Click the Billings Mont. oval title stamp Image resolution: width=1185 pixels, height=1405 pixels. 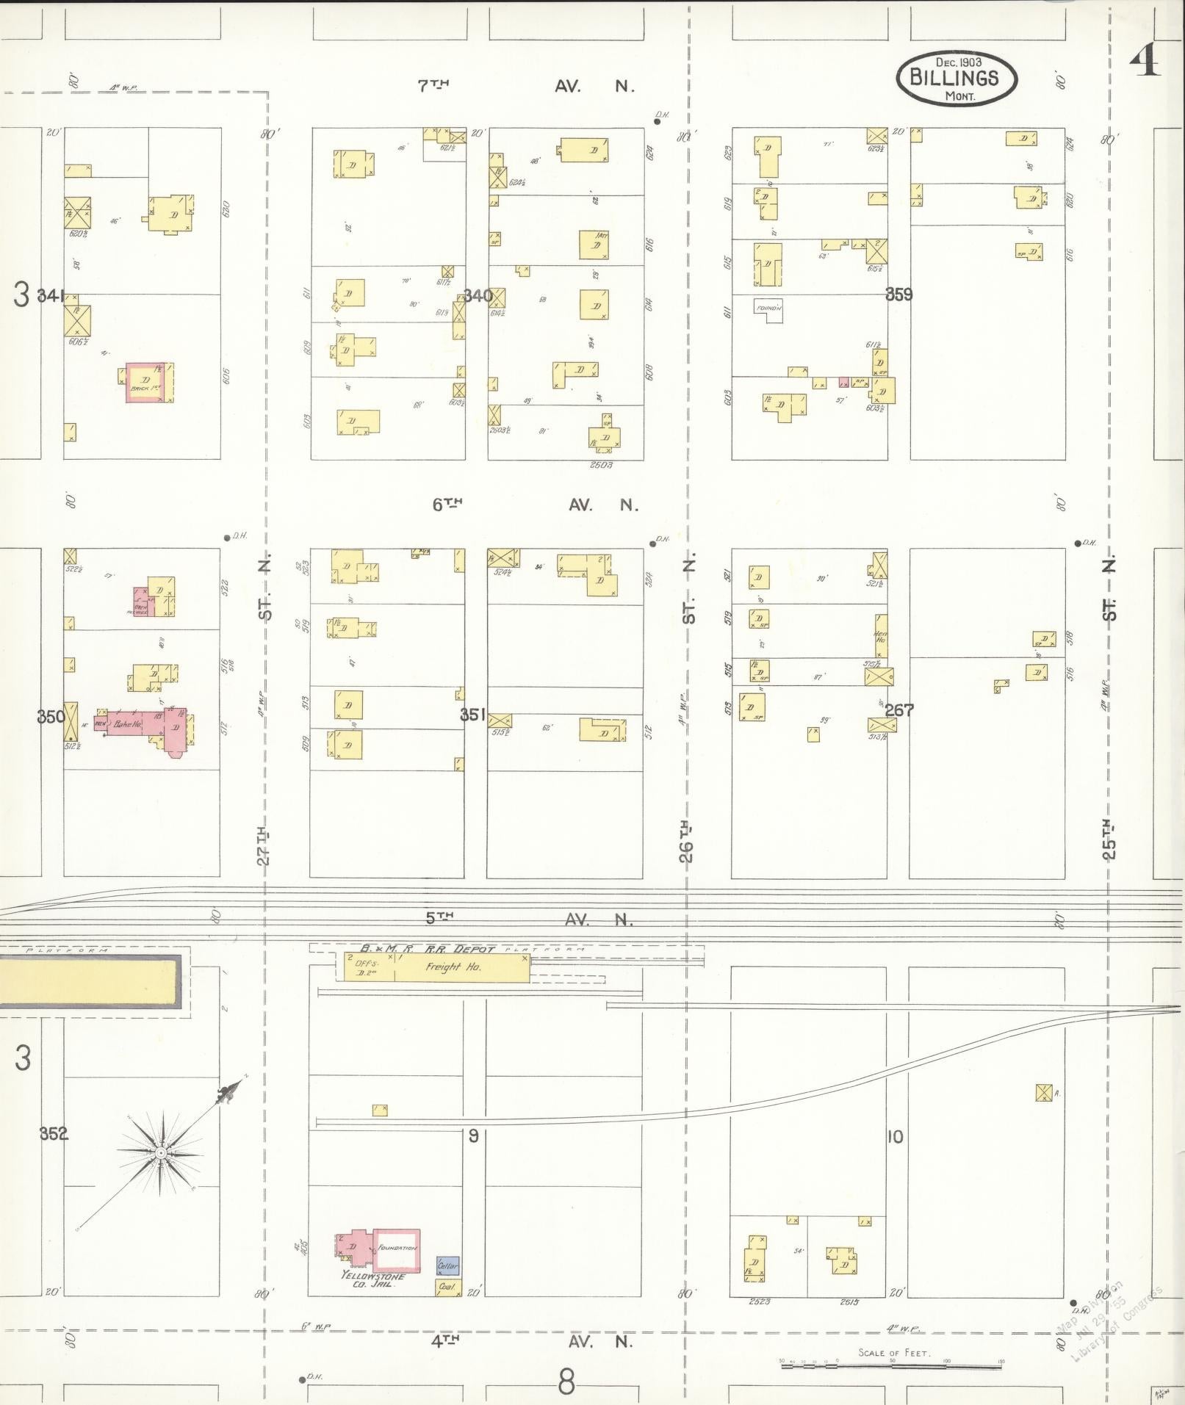tap(956, 77)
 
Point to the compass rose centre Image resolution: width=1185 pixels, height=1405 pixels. tap(160, 1154)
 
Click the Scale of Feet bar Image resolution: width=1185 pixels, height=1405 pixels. tap(892, 1365)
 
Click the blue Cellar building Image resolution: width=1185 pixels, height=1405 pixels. tap(447, 1266)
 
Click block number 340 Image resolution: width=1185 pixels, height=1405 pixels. tap(478, 296)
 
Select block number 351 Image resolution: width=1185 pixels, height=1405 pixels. tap(474, 714)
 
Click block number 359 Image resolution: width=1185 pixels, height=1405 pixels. tap(898, 295)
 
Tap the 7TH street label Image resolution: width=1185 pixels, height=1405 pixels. tap(433, 86)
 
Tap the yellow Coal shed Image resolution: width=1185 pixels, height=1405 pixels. tap(447, 1286)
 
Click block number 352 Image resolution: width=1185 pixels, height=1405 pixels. tap(54, 1133)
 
